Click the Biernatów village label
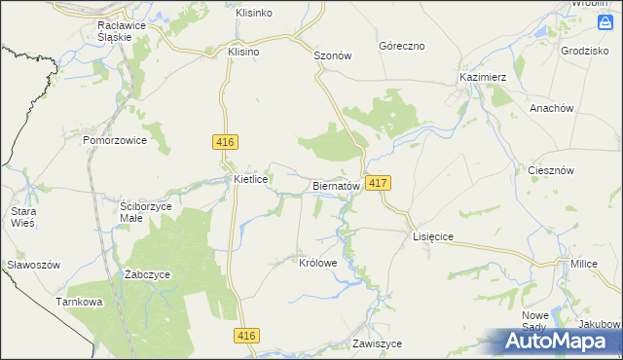pos(337,185)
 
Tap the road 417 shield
pos(380,183)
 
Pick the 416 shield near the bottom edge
pos(246,336)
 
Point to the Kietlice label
pos(251,180)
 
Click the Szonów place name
pos(331,55)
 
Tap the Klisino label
pos(243,52)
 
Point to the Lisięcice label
pos(434,236)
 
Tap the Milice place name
pos(584,264)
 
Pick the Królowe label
pos(318,263)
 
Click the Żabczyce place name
pos(148,274)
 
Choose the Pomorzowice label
pos(114,140)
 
